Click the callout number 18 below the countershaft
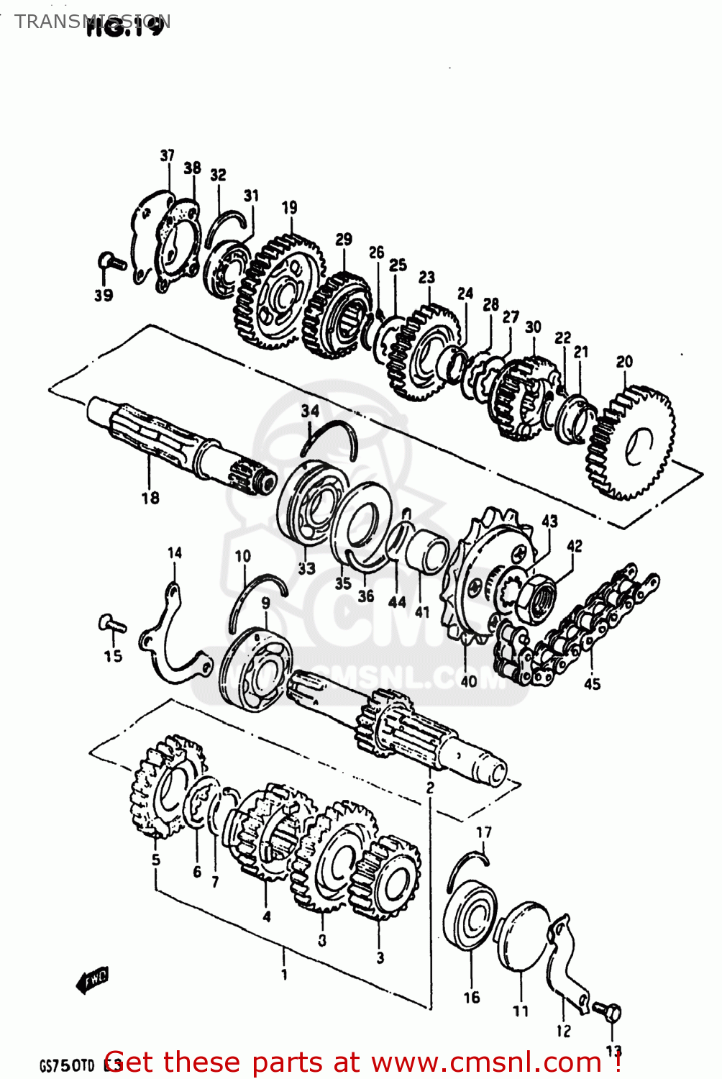pyautogui.click(x=150, y=498)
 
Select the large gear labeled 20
pyautogui.click(x=631, y=443)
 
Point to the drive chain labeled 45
pyautogui.click(x=575, y=626)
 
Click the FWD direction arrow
pyautogui.click(x=91, y=979)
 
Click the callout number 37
pyautogui.click(x=167, y=155)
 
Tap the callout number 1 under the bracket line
pyautogui.click(x=284, y=975)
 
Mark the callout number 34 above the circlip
pyautogui.click(x=310, y=411)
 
